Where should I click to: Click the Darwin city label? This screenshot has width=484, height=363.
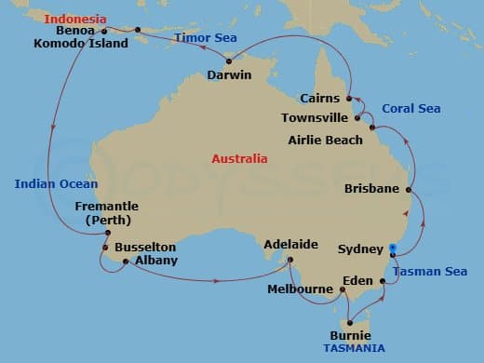[x=230, y=75]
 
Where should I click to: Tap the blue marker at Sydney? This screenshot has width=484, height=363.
[x=392, y=249]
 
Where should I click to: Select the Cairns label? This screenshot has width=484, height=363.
[x=319, y=98]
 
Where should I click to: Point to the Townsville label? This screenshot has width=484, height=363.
[x=315, y=118]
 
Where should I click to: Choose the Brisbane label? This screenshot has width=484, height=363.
[x=371, y=188]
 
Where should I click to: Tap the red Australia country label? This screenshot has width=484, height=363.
[x=239, y=159]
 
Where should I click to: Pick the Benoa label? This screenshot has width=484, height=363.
[x=75, y=31]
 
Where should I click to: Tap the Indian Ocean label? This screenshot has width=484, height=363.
[x=56, y=183]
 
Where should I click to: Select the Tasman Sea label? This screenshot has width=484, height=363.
[x=429, y=271]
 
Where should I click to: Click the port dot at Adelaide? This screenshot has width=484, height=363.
[x=290, y=260]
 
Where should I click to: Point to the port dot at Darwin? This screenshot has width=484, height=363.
[x=229, y=61]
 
